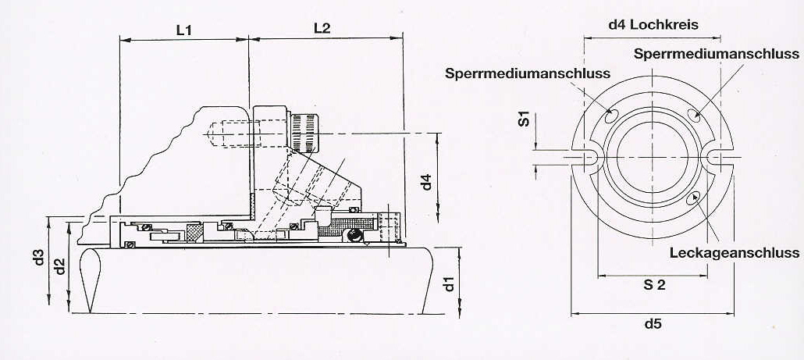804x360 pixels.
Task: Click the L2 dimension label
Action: point(322,28)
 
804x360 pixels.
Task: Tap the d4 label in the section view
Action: point(425,182)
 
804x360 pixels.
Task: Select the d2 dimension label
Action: point(60,266)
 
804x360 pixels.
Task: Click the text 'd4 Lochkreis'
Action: point(653,24)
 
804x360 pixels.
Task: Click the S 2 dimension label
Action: point(654,285)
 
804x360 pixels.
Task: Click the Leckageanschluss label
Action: point(734,253)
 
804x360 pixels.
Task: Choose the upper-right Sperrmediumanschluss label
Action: point(716,54)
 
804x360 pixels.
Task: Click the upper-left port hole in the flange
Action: point(611,116)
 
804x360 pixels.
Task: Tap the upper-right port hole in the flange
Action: point(694,116)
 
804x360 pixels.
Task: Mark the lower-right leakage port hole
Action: point(694,198)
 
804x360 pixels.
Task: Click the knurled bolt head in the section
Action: point(304,129)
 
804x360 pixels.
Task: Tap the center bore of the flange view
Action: point(653,156)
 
